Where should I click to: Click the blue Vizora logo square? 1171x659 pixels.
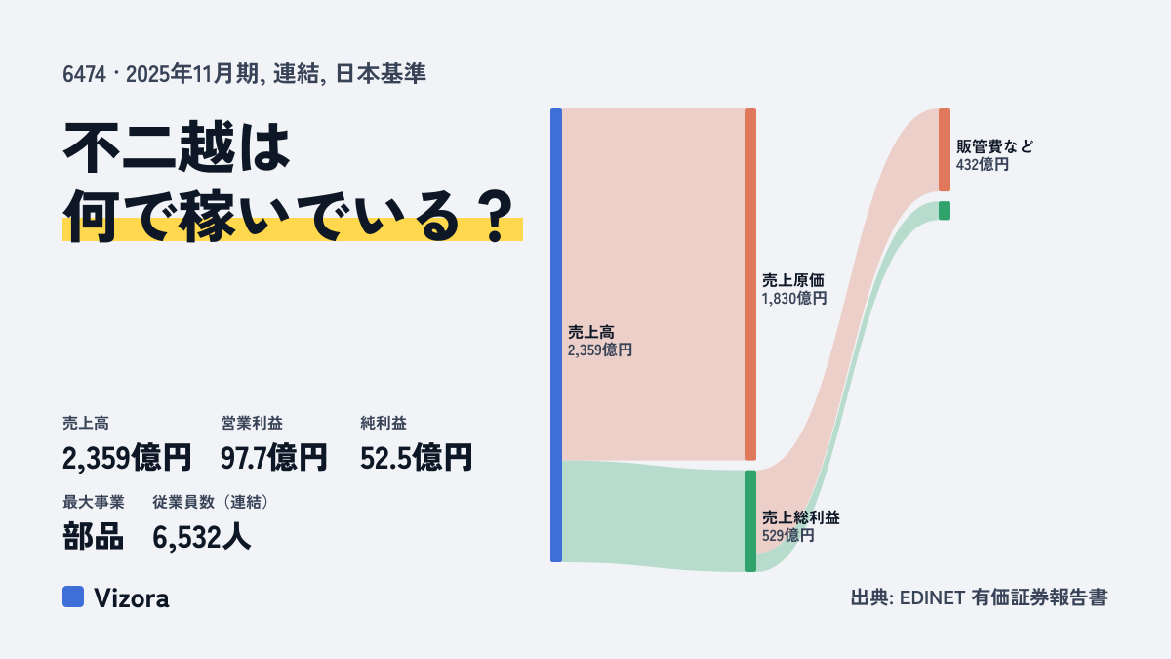click(x=73, y=597)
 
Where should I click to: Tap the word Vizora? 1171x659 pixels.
click(x=132, y=598)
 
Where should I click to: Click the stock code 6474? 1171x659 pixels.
click(x=84, y=74)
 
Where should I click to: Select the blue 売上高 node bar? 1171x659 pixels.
click(x=556, y=335)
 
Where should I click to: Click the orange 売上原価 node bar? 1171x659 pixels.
click(x=750, y=284)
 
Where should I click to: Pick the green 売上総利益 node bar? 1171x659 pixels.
click(x=750, y=521)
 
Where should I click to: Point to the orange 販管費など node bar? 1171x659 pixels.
click(x=945, y=150)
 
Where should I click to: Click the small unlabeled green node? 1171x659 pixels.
click(x=945, y=211)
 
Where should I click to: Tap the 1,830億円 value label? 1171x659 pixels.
click(x=794, y=299)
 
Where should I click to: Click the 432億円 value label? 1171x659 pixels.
click(x=983, y=165)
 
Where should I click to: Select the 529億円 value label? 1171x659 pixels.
click(x=787, y=536)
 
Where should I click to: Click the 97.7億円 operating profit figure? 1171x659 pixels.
click(x=273, y=458)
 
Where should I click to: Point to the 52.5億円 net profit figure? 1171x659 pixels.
click(x=416, y=458)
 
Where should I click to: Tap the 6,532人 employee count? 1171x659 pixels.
click(x=202, y=537)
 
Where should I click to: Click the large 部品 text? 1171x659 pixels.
click(x=93, y=537)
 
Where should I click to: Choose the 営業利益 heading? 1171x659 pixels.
click(x=252, y=423)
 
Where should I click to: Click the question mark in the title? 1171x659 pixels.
click(x=497, y=217)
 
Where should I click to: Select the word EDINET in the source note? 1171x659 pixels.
click(x=932, y=597)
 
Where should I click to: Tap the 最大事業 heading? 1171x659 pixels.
click(x=94, y=502)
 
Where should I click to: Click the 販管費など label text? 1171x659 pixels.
click(x=994, y=146)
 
